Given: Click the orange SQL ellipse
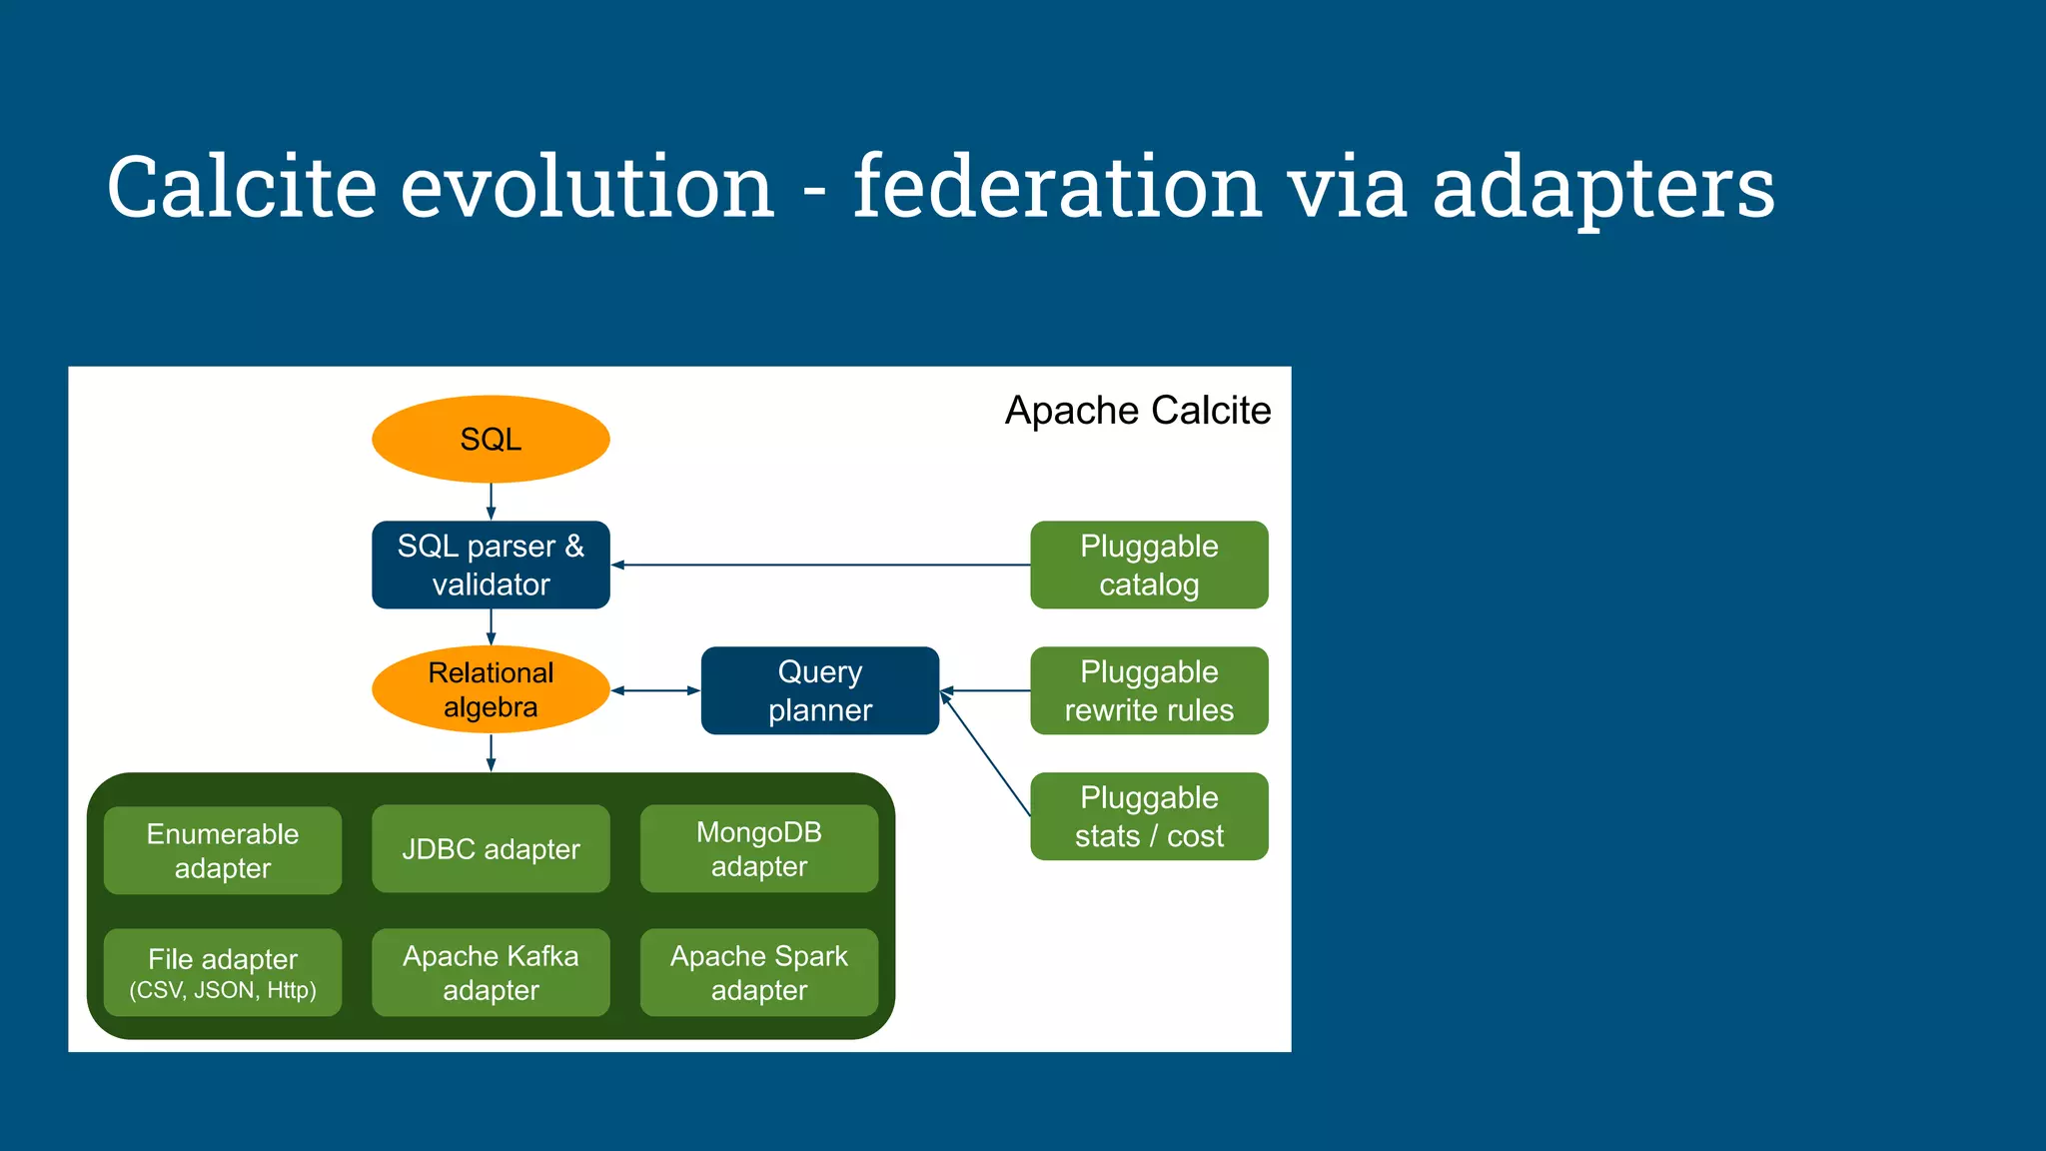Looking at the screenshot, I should [491, 439].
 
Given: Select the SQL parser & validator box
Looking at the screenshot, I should [491, 565].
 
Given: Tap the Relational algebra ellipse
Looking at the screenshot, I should [491, 689].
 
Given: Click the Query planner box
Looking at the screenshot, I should [819, 690].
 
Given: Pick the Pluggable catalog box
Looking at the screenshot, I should [1149, 565].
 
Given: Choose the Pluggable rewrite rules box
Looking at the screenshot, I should [1149, 690].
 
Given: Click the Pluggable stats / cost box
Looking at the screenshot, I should [1149, 816].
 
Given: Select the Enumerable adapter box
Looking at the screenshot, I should [223, 850].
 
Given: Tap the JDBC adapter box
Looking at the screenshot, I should [491, 848].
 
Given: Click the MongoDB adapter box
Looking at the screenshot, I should [758, 848].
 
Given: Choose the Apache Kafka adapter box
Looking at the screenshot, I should [491, 972].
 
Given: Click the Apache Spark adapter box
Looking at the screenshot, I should [758, 972].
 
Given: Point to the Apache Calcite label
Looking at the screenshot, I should [1137, 411].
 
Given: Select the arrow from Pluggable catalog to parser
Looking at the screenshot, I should [819, 565].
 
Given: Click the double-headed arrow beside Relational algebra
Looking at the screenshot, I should [655, 690].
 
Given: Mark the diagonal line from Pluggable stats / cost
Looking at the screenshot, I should [986, 754].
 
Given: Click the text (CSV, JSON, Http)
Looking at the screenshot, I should [223, 990].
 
